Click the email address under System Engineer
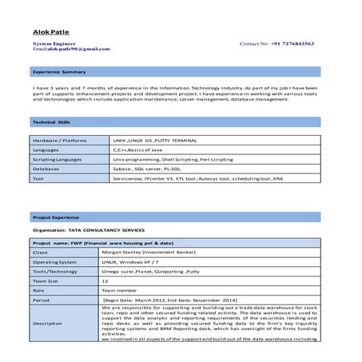pos(60,50)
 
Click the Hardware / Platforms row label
pos(59,140)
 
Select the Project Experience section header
pos(56,217)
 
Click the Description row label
pos(47,323)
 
